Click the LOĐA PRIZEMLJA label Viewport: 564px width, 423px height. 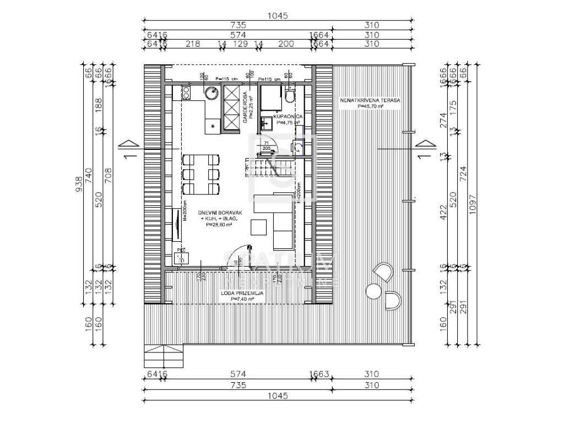pos(242,294)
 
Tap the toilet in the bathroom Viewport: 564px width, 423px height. pos(290,96)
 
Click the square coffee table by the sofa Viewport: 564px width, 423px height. pos(258,227)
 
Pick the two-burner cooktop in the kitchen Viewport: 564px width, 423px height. pos(186,94)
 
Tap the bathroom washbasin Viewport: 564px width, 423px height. pos(267,123)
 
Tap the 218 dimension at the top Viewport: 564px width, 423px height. pos(193,44)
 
